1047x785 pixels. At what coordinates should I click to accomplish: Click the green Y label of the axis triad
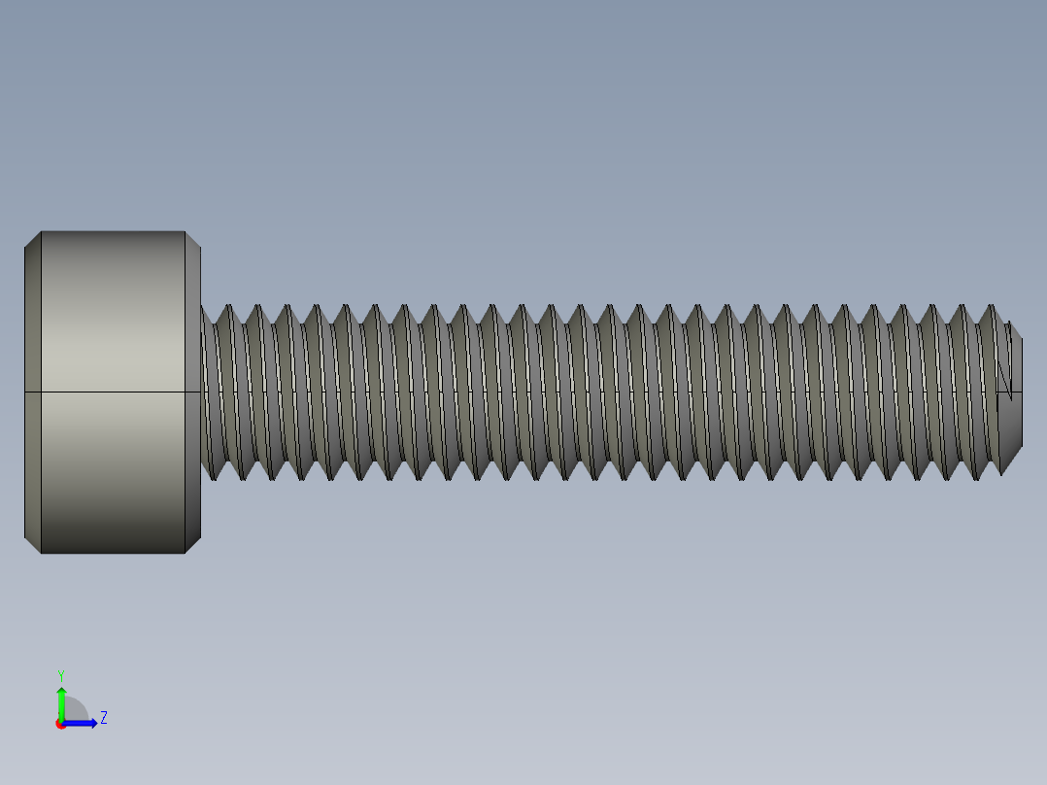pos(60,674)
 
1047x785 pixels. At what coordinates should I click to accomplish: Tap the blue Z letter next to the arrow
pos(103,718)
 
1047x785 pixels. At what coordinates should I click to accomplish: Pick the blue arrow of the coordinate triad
pos(84,723)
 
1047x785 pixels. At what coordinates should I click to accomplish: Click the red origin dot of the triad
pos(60,724)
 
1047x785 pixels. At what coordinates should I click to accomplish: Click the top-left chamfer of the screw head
pos(33,239)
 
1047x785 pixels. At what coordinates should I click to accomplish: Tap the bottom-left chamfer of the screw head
pos(33,545)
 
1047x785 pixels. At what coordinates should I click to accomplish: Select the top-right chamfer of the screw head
pos(192,239)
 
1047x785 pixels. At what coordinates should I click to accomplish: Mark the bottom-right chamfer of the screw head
pos(192,545)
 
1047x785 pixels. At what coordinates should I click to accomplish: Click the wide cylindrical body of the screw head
pos(113,321)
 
